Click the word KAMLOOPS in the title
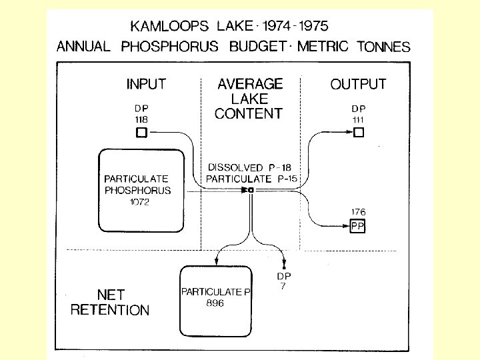click(x=169, y=27)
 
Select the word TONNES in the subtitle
click(x=384, y=47)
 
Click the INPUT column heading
click(x=146, y=85)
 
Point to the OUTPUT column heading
click(x=358, y=85)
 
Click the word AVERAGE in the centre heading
click(x=250, y=85)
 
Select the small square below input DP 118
click(x=141, y=133)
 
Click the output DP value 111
click(x=359, y=119)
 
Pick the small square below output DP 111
click(x=359, y=133)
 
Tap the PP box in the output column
click(x=359, y=226)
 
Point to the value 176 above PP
click(x=359, y=213)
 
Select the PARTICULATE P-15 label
click(x=251, y=179)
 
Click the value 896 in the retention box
click(x=215, y=303)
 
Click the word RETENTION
click(x=110, y=310)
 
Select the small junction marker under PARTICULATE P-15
click(x=249, y=191)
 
